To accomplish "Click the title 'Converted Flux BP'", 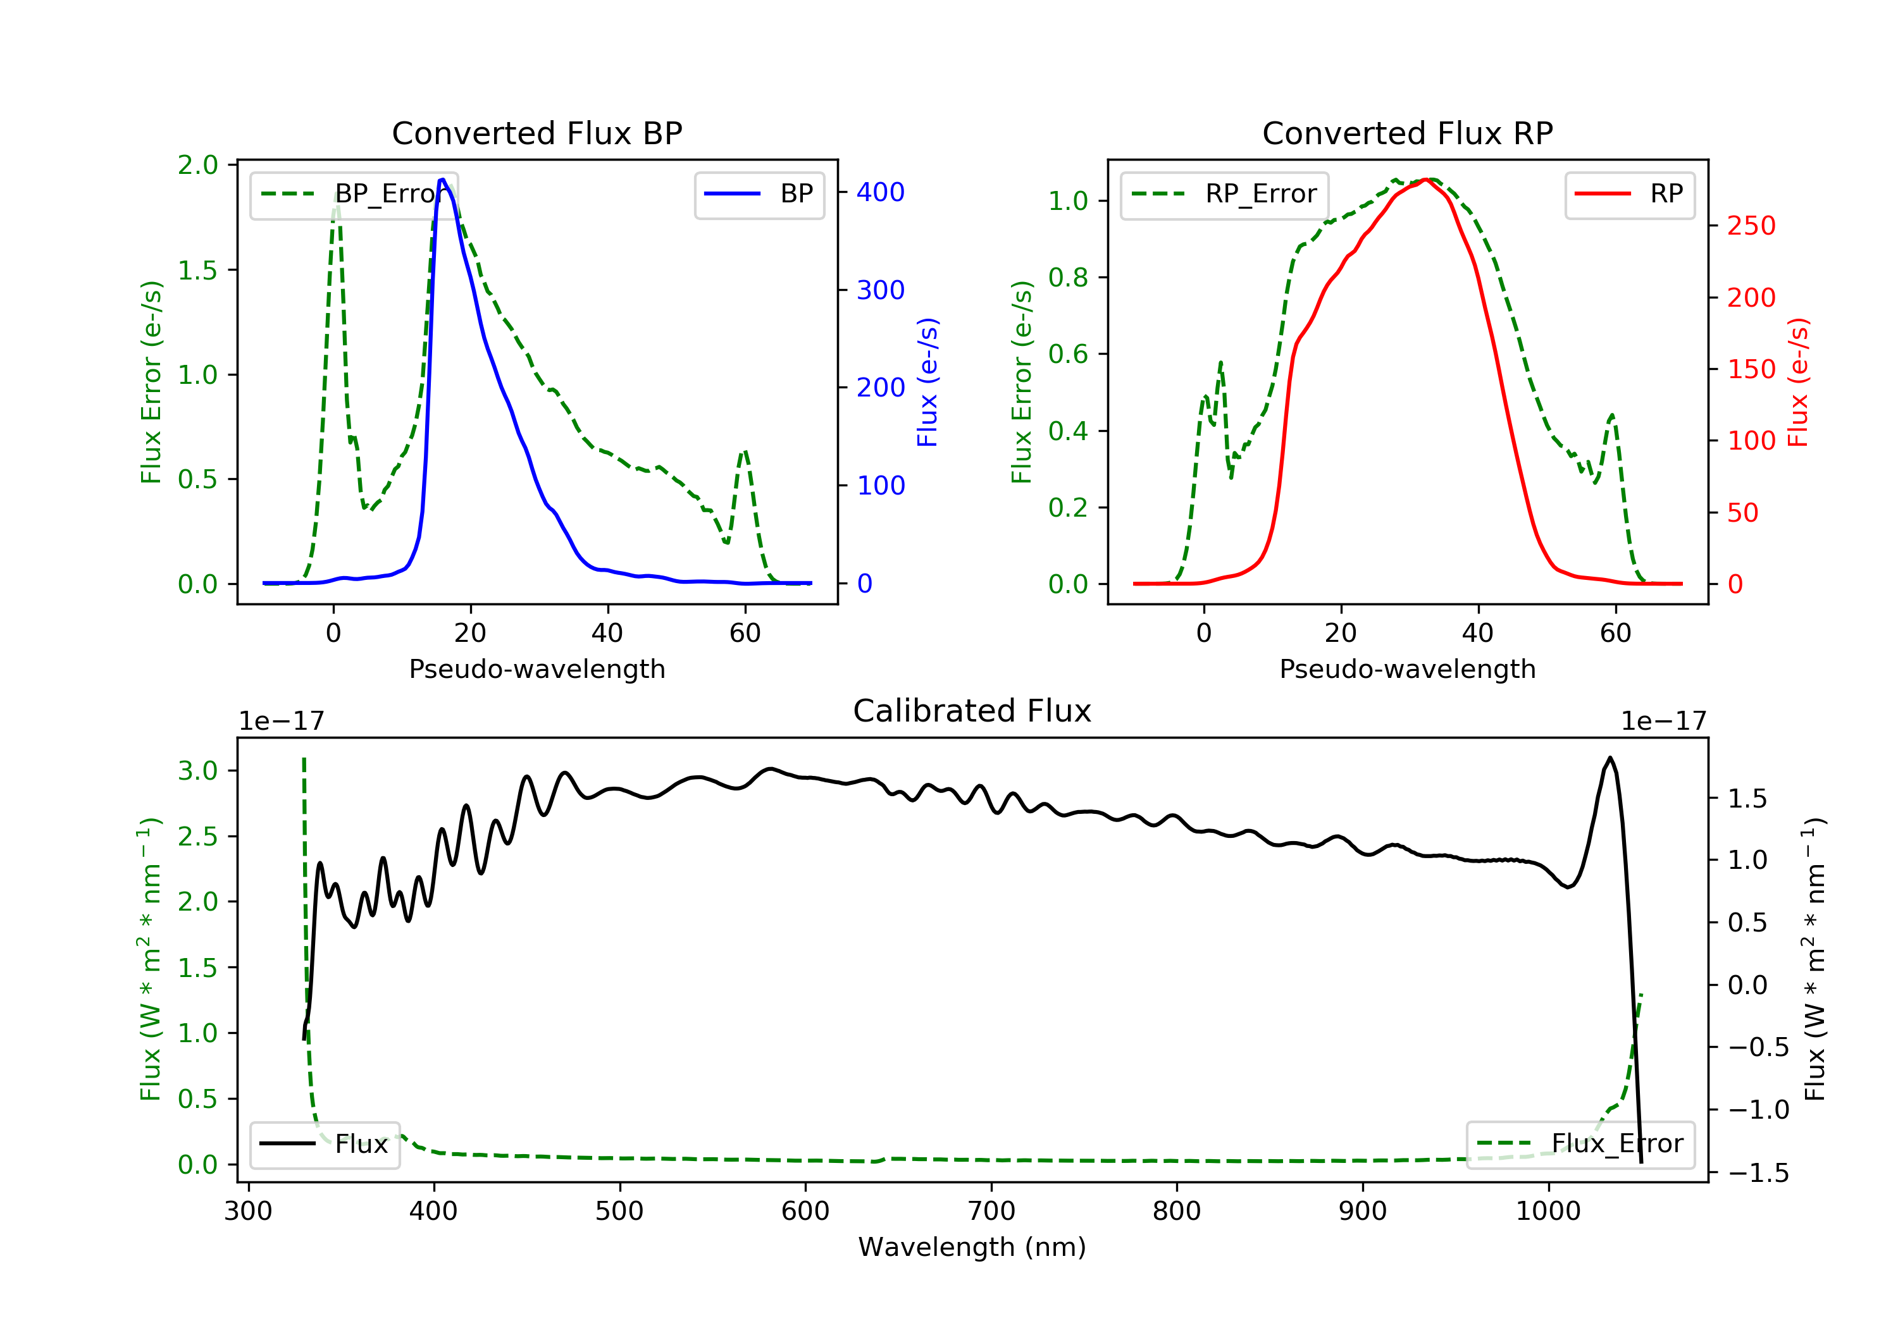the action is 537,133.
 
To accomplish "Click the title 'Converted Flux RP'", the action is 1407,133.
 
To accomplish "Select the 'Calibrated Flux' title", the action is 972,711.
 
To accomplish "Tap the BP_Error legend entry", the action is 354,194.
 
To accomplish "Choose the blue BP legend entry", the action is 759,194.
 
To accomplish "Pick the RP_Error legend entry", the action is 1224,194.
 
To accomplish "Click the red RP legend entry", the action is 1629,194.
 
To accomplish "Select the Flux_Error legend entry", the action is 1580,1144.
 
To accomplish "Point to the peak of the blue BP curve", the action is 442,180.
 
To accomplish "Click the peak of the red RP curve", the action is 1427,180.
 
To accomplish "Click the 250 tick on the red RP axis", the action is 1751,226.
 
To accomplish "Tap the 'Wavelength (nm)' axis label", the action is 972,1247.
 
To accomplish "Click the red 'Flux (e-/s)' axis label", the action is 1798,383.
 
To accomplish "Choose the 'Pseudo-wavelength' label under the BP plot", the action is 537,668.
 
